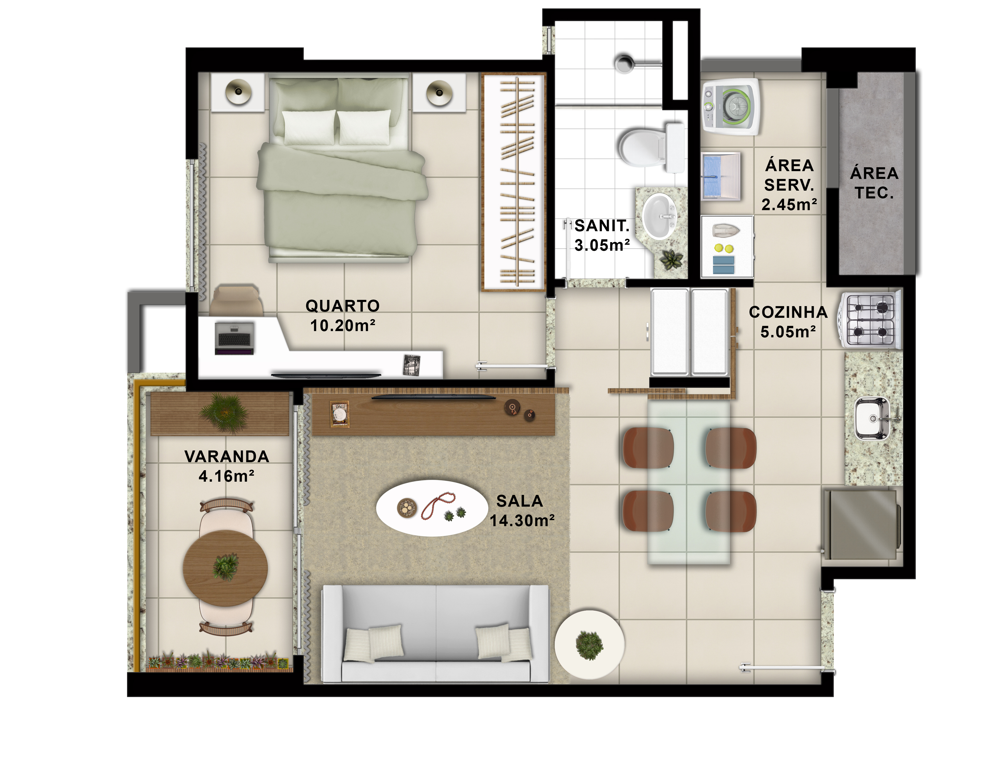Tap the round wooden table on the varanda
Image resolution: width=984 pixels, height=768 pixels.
[x=225, y=568]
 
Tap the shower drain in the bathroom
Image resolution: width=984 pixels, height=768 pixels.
[x=625, y=63]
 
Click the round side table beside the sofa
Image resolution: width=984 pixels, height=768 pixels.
[x=589, y=645]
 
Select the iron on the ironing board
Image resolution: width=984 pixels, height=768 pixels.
[x=726, y=230]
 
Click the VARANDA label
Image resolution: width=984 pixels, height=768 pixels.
[x=227, y=456]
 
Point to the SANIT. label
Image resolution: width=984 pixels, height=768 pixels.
[x=602, y=225]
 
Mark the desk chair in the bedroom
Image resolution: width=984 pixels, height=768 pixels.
[x=236, y=300]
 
